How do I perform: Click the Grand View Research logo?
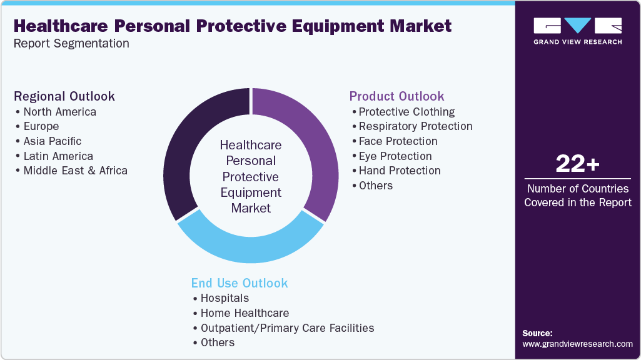coord(577,31)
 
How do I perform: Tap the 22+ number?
coord(577,164)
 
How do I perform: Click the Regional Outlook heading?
coord(64,96)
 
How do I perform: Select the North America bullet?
coord(59,112)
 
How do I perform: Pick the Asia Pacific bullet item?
coord(53,141)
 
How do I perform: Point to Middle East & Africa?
coord(75,171)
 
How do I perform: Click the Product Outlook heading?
coord(396,96)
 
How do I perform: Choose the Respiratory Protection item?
coord(415,126)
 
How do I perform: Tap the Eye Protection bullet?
coord(395,156)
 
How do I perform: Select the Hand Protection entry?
coord(400,171)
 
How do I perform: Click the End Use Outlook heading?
coord(240,283)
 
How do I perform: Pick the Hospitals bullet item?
coord(225,298)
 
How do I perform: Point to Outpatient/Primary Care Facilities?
coord(287,327)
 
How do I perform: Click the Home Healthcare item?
coord(245,313)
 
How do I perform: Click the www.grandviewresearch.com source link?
coord(577,344)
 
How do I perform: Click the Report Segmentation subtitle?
coord(71,44)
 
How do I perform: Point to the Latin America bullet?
coord(58,156)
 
